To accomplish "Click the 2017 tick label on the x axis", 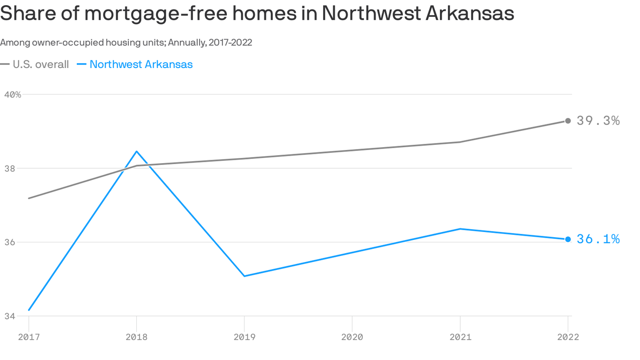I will tap(29, 337).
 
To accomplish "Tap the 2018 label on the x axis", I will tap(136, 337).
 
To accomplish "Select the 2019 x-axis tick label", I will tap(244, 337).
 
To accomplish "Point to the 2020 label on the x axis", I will tap(352, 337).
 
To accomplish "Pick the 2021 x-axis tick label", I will tap(460, 337).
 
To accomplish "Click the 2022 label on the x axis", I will tap(567, 337).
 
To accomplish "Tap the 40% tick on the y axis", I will tap(13, 95).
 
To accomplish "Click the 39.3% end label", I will tap(598, 121).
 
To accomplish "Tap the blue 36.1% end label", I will tap(598, 240).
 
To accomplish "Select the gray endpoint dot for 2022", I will tap(568, 121).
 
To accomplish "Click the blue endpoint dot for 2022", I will tap(568, 240).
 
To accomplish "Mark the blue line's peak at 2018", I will tap(136, 151).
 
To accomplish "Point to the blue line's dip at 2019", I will tap(244, 276).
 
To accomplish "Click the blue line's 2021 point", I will tap(460, 229).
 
